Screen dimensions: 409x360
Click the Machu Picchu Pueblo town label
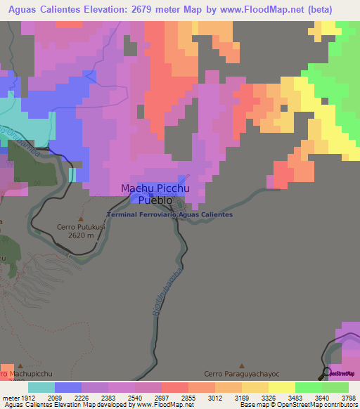click(x=153, y=194)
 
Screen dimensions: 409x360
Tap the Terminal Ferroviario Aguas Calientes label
click(x=169, y=214)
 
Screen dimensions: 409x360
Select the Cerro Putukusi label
click(x=79, y=228)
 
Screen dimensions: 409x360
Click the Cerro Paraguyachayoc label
click(x=242, y=375)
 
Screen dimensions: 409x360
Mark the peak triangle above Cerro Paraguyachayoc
click(x=242, y=365)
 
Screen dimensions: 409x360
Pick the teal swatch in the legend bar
click(x=41, y=387)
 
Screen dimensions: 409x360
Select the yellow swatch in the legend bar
click(x=281, y=387)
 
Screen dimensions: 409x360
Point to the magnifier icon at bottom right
click(x=326, y=372)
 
